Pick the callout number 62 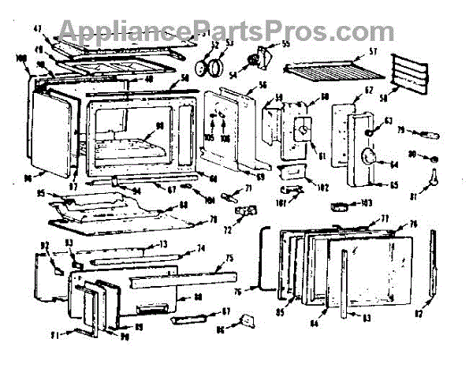(x=367, y=92)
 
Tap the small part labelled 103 (x=343, y=206)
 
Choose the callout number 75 (x=229, y=258)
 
